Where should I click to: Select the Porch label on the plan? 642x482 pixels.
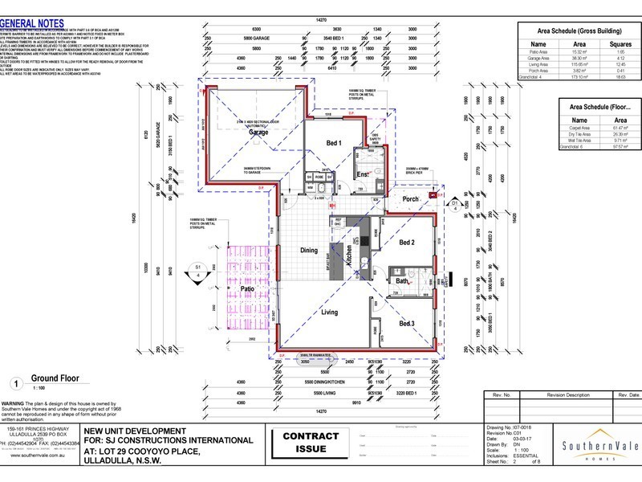[411, 200]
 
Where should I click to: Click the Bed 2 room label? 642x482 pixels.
[407, 242]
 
